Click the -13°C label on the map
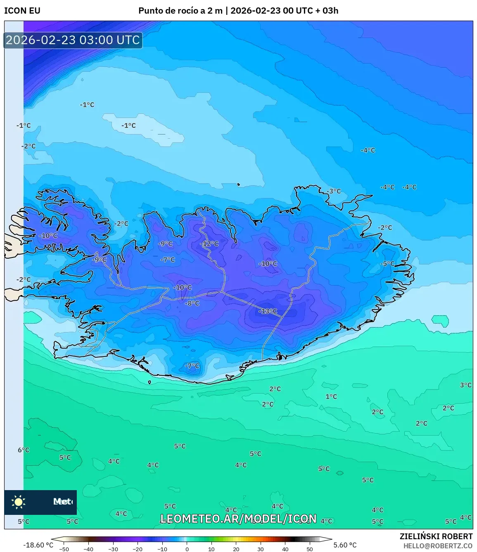tap(268, 311)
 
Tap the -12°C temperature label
tap(209, 244)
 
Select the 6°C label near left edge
tap(24, 450)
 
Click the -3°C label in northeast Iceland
tap(334, 191)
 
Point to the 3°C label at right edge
tap(465, 385)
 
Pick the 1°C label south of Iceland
tap(331, 396)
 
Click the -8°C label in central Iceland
tap(192, 303)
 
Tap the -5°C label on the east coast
tap(387, 264)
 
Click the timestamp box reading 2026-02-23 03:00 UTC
tap(73, 40)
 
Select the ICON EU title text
tap(22, 11)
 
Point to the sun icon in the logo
tap(19, 502)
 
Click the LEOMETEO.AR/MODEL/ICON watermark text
tap(238, 519)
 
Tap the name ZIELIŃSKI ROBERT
tap(436, 536)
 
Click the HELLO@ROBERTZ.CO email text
tap(438, 546)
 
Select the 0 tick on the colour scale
tap(187, 549)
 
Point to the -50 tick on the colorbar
tap(64, 549)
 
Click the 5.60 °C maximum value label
tap(345, 545)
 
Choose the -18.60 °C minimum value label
tap(38, 545)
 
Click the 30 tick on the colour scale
tap(261, 549)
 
